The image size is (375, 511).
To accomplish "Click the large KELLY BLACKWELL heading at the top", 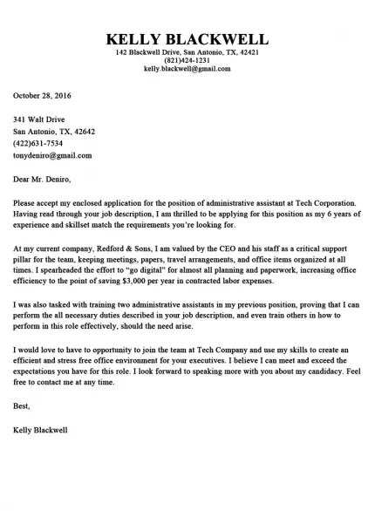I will coord(187,40).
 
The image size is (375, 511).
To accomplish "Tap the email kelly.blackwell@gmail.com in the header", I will coord(187,68).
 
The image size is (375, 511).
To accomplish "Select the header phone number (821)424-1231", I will coord(187,60).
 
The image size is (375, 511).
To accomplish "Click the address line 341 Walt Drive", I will coord(38,119).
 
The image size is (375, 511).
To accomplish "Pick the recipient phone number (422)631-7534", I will coord(37,143).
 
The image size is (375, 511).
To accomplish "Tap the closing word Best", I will coord(22,405).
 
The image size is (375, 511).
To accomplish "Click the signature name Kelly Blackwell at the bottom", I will coord(42,429).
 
